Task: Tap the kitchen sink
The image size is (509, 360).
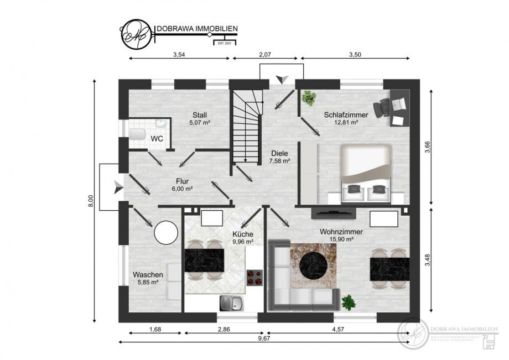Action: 228,302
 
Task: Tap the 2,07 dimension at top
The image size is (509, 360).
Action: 265,54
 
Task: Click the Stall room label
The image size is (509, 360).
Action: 200,115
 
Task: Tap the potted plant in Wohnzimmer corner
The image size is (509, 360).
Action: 348,302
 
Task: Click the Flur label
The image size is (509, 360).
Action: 182,181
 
